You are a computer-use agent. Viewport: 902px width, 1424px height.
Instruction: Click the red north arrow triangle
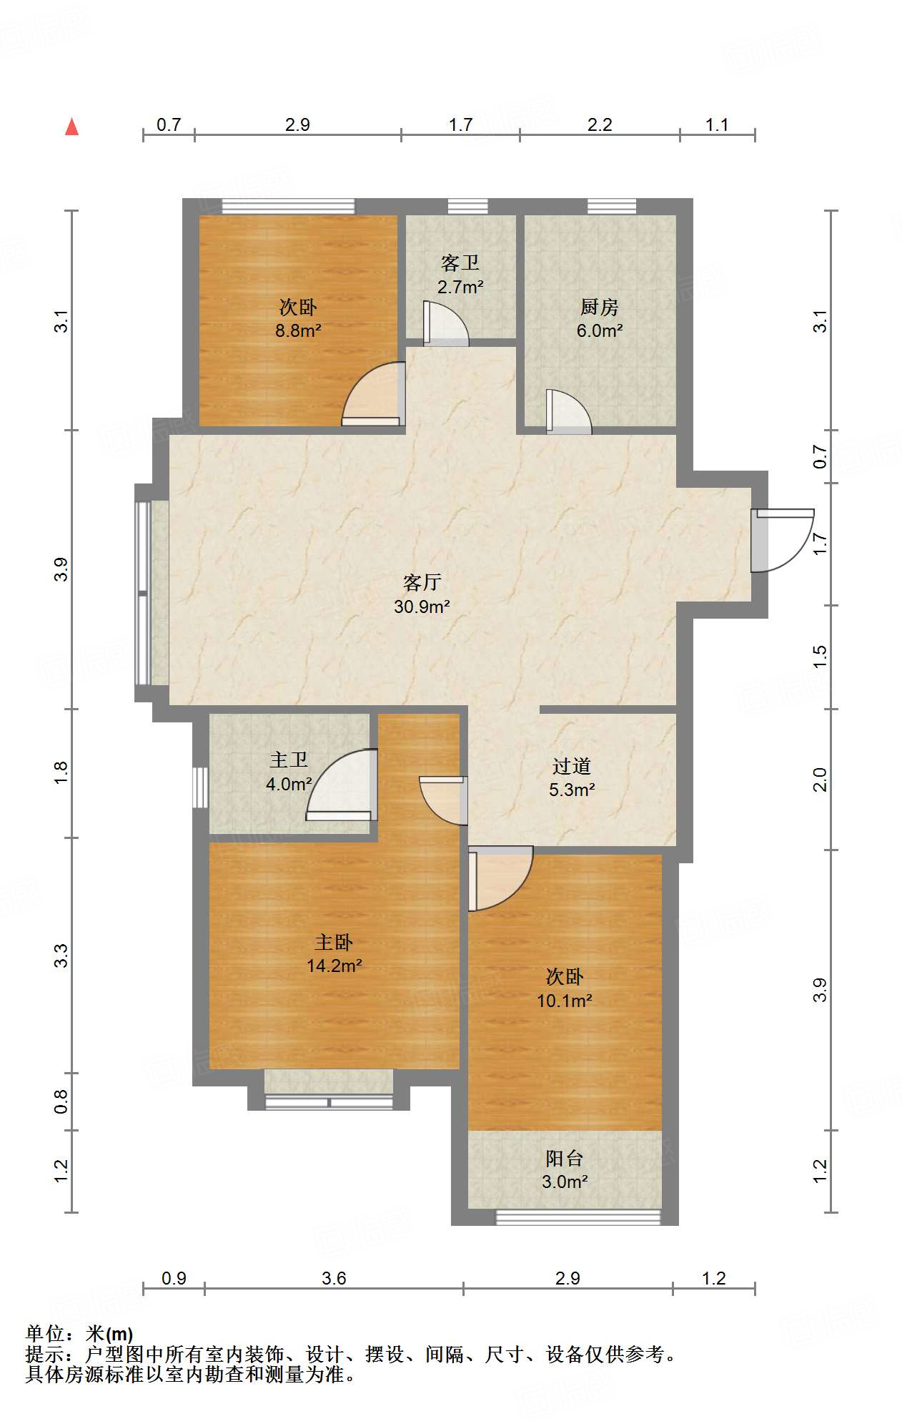pyautogui.click(x=71, y=127)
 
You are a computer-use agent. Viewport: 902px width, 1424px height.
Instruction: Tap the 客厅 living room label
pyautogui.click(x=422, y=582)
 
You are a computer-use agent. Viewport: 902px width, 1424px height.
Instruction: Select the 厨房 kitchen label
pyautogui.click(x=599, y=307)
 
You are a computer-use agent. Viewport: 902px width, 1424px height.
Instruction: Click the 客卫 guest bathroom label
pyautogui.click(x=460, y=263)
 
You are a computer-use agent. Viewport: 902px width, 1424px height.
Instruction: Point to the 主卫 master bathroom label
pyautogui.click(x=289, y=760)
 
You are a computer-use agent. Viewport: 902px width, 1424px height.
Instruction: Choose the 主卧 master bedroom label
pyautogui.click(x=334, y=942)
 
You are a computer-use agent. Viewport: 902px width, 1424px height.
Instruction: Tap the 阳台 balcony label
pyautogui.click(x=564, y=1158)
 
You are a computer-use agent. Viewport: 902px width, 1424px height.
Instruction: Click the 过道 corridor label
pyautogui.click(x=571, y=766)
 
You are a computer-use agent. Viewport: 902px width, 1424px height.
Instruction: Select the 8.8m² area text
pyautogui.click(x=298, y=330)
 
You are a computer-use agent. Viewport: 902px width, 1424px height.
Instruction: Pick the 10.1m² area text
pyautogui.click(x=565, y=1001)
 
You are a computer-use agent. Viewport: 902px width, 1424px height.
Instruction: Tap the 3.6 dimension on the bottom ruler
pyautogui.click(x=334, y=1278)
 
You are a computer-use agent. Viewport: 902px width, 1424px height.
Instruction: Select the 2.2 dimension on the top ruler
pyautogui.click(x=600, y=124)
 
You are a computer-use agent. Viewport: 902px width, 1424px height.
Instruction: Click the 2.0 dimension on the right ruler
pyautogui.click(x=820, y=779)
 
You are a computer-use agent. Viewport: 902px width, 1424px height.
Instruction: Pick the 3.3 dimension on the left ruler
pyautogui.click(x=61, y=956)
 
